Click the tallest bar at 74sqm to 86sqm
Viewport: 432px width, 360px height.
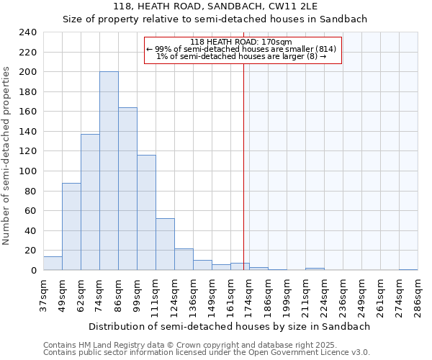109,171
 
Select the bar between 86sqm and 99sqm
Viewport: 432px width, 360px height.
127,189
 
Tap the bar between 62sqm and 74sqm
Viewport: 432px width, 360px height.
90,202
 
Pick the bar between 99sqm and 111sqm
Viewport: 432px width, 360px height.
146,212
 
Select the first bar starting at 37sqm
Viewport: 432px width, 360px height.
53,264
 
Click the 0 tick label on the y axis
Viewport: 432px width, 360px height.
33,270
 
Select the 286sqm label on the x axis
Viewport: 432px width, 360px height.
418,296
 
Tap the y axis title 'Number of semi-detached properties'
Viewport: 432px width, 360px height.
7,156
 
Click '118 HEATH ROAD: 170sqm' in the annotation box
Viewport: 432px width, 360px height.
242,42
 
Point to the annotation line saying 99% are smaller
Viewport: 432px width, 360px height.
242,49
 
